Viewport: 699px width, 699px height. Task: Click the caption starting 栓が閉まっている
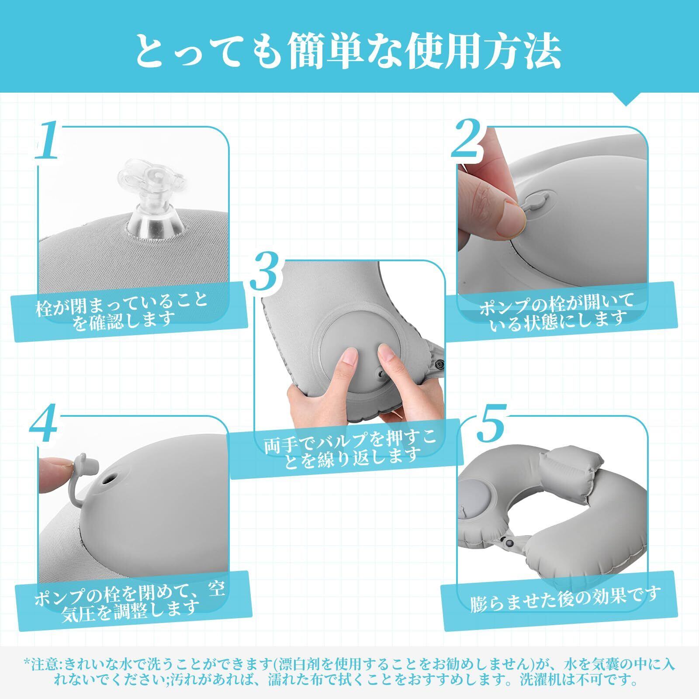pos(121,310)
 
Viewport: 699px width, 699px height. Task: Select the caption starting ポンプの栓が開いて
pos(557,310)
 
